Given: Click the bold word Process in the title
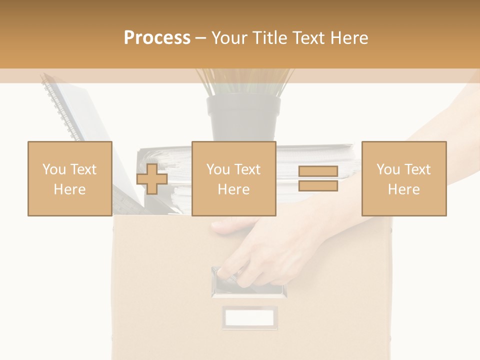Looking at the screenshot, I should pos(157,38).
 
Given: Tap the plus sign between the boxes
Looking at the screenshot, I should pos(152,178).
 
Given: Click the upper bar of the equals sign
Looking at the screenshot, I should pos(318,171).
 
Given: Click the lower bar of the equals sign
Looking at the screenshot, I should pos(318,185).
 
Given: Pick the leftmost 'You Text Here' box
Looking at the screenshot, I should pos(69,178).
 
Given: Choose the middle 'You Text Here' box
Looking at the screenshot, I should pos(233,178).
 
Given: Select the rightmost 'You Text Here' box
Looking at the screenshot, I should pos(403,178).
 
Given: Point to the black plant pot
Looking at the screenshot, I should pos(243,117).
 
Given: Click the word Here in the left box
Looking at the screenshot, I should pos(69,189).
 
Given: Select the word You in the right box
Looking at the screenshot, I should pos(388,169).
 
